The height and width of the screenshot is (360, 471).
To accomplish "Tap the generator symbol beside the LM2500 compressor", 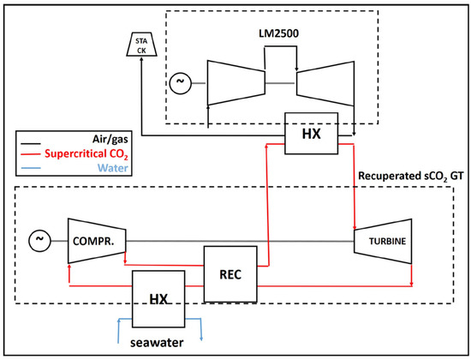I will (180, 83).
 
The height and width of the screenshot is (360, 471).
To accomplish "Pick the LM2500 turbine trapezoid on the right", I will (323, 83).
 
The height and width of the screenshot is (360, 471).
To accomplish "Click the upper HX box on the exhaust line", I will (311, 135).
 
